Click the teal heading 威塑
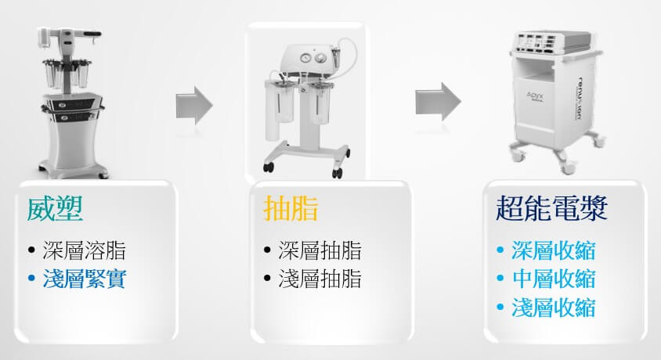tap(55, 210)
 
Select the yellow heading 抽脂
tap(291, 210)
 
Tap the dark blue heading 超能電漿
tap(551, 209)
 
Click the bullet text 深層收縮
tap(554, 250)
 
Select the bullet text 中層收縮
tap(554, 279)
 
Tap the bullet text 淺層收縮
tap(554, 307)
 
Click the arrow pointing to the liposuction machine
tap(194, 102)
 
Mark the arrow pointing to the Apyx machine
tap(438, 102)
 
